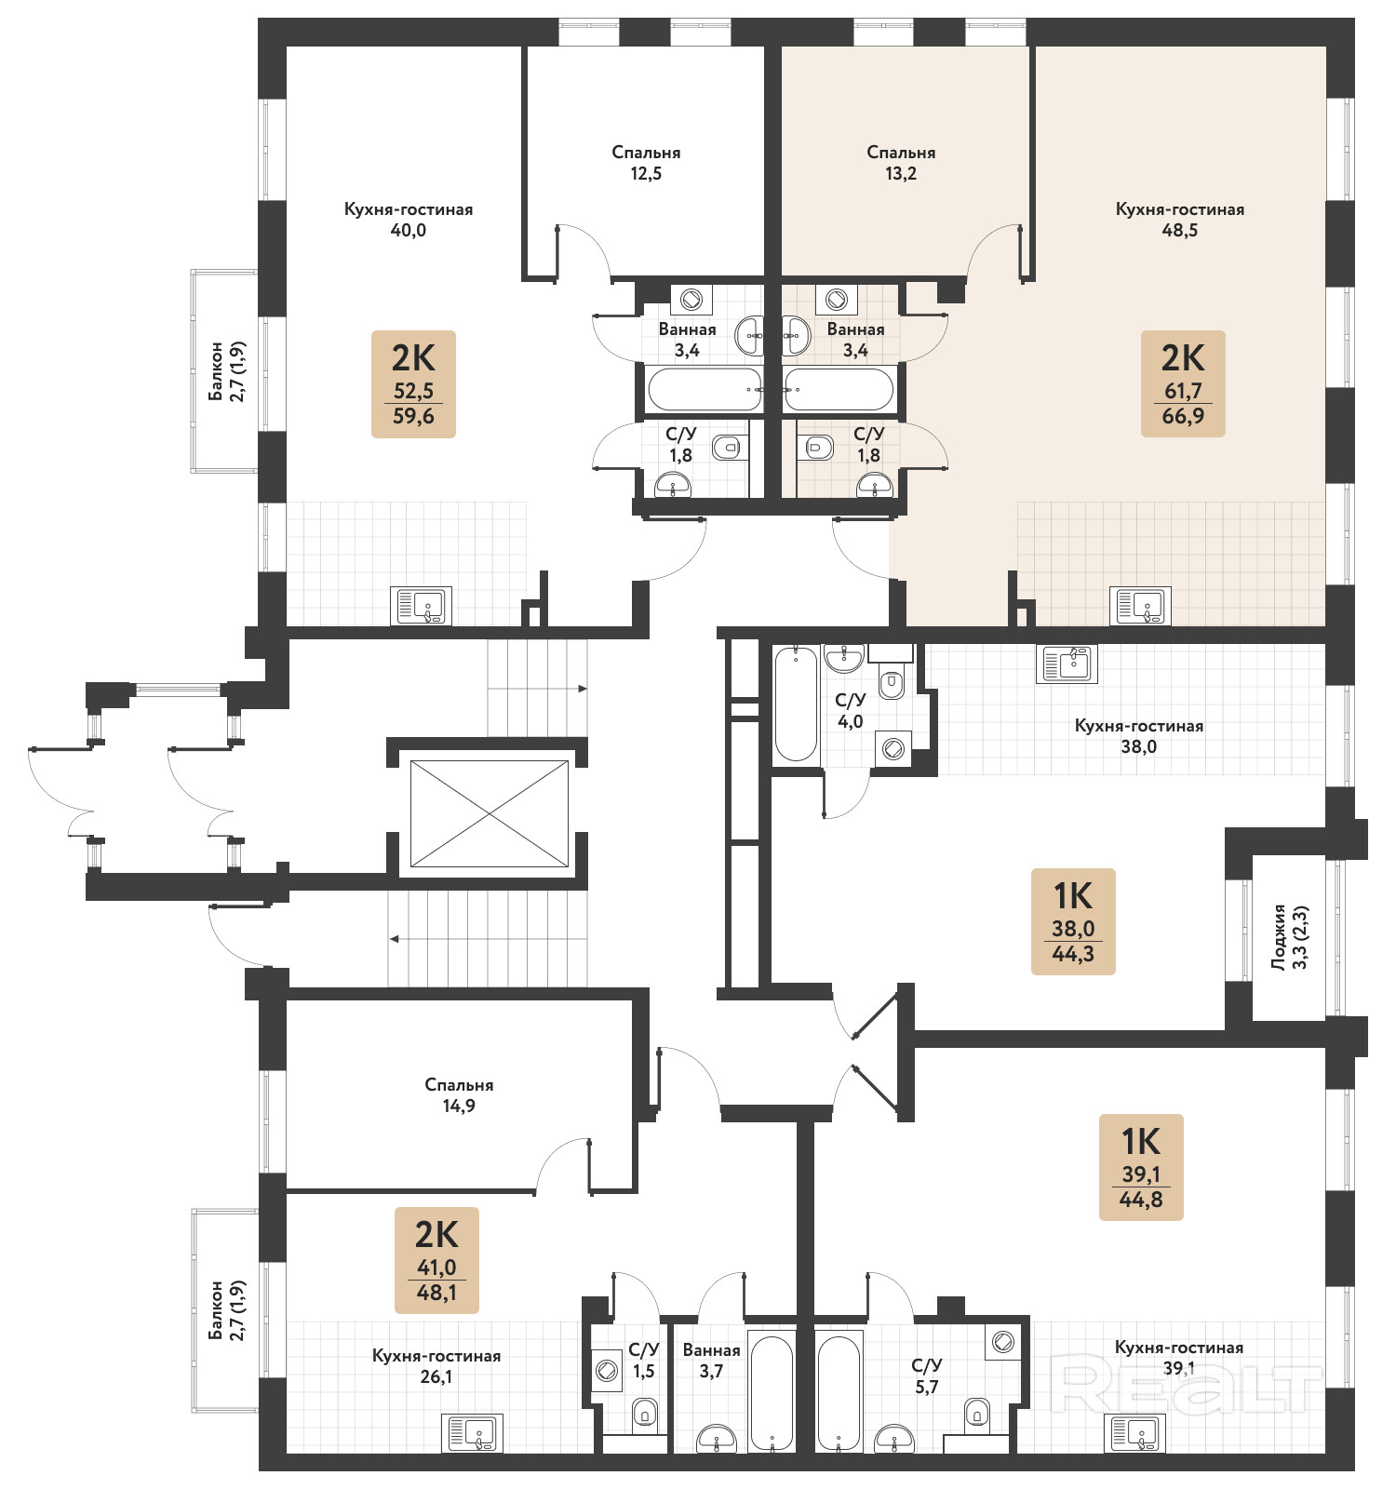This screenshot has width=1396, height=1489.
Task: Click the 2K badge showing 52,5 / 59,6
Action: [x=413, y=383]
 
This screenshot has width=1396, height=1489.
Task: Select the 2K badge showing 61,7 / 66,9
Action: [x=1183, y=383]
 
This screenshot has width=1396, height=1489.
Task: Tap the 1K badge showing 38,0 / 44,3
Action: [x=1073, y=921]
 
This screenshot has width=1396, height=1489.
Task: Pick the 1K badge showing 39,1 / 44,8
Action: [x=1141, y=1167]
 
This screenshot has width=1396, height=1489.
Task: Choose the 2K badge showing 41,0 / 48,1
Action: [x=436, y=1260]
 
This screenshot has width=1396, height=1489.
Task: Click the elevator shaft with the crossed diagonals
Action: [x=490, y=813]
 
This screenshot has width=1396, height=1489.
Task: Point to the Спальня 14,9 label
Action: [x=459, y=1095]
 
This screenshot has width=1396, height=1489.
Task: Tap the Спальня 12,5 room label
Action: [x=646, y=163]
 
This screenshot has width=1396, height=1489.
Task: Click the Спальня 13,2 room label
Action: [x=901, y=163]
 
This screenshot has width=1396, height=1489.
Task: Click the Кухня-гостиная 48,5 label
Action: [x=1180, y=220]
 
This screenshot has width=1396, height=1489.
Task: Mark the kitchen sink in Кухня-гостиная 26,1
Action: [x=473, y=1433]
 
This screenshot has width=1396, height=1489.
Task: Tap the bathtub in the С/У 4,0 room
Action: [x=797, y=704]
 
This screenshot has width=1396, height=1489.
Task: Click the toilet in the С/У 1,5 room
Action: [x=645, y=1415]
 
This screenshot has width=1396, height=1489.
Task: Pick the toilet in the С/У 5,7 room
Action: [x=977, y=1413]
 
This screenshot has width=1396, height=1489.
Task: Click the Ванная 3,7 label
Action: [x=712, y=1360]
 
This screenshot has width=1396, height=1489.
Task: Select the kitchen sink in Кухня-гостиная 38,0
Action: [x=1067, y=664]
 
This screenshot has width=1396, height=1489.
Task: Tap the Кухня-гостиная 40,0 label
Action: [x=409, y=220]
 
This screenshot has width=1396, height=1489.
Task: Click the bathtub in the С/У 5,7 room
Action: [x=839, y=1394]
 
